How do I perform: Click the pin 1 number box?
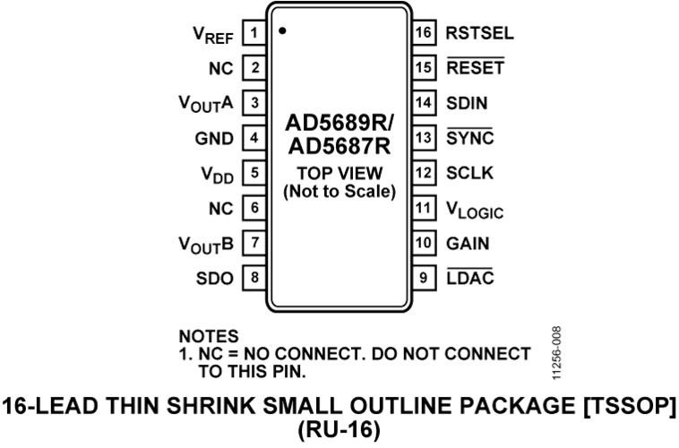(254, 32)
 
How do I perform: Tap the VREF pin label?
(212, 35)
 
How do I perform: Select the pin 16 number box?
(424, 32)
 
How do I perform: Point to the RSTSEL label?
(480, 33)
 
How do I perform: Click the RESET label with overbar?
(476, 66)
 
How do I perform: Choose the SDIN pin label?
(467, 103)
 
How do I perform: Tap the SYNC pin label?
(470, 137)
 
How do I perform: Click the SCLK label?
(470, 173)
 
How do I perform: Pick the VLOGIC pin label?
(475, 211)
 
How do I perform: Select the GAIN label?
(468, 244)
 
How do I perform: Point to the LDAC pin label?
(470, 277)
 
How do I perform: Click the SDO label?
(215, 279)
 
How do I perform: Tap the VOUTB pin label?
(206, 246)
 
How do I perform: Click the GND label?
(214, 139)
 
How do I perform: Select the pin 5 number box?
(254, 173)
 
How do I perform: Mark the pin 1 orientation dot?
(282, 30)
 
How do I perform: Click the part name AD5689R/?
(339, 123)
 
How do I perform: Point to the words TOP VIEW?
(339, 173)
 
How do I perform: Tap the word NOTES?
(209, 337)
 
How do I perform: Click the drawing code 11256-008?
(557, 354)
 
